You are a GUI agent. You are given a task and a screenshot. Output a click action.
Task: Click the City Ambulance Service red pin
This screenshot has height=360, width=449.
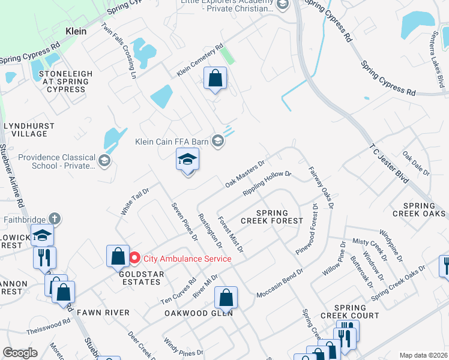134,258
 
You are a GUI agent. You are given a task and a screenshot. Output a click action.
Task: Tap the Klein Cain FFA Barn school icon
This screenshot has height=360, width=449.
218,142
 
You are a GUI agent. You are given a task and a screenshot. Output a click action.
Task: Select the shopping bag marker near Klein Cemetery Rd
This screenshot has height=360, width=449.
215,78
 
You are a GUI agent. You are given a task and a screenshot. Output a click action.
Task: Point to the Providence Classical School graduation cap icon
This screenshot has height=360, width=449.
104,160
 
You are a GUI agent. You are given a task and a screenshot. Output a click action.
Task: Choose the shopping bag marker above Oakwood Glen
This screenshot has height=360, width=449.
226,296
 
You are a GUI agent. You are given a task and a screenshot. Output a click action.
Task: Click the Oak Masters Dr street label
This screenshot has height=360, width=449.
245,173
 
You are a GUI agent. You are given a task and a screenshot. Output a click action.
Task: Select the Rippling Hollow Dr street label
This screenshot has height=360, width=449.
267,184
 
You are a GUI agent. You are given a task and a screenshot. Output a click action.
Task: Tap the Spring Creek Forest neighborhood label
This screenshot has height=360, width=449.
273,217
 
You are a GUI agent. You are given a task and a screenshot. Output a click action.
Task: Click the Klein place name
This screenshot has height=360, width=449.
76,31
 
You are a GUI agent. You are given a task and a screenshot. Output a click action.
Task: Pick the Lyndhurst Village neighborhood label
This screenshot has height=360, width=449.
29,130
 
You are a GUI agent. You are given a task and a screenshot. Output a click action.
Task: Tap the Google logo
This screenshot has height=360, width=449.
20,353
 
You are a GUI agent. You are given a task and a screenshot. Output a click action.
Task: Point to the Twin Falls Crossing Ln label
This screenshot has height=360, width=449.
119,50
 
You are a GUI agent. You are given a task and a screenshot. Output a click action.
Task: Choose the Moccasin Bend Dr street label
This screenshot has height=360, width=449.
280,283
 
